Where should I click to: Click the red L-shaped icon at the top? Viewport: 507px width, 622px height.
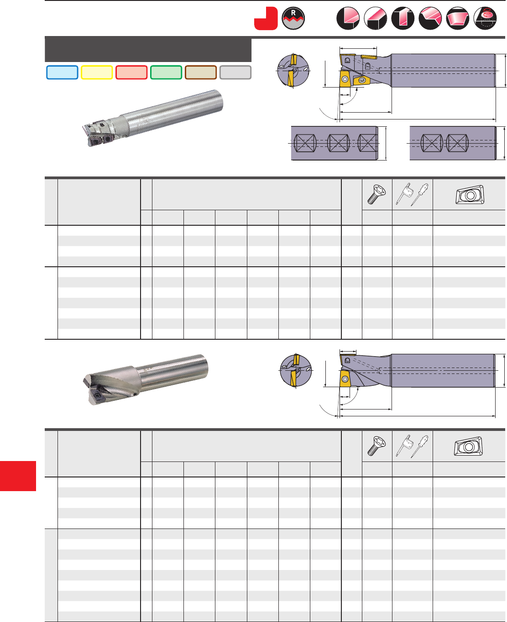[266, 18]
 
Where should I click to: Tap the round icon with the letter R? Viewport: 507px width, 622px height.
[293, 18]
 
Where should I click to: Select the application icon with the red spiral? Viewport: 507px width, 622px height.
[485, 18]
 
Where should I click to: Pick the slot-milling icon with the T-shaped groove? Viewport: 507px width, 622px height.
[402, 18]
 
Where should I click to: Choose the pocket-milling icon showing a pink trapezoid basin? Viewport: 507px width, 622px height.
[458, 18]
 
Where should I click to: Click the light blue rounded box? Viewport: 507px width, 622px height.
[62, 73]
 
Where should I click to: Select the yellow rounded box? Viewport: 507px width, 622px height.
[97, 73]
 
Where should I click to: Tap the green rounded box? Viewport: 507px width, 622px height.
[166, 73]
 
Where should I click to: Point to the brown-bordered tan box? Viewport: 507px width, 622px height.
[201, 73]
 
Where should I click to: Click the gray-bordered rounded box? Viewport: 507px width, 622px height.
[235, 73]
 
